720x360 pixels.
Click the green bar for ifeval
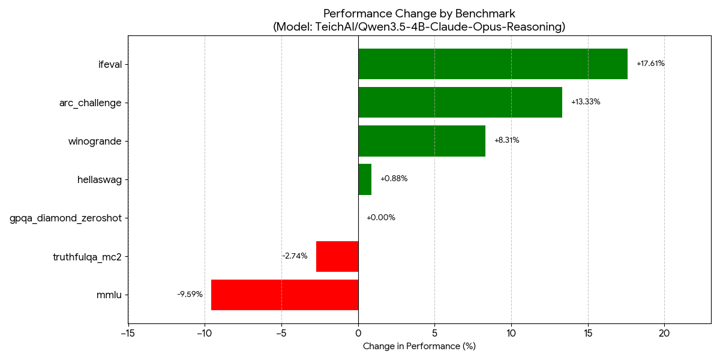point(493,64)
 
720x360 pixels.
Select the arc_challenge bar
point(460,102)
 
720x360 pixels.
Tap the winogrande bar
point(421,140)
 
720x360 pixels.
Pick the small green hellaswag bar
point(365,179)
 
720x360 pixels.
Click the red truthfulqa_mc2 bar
point(337,256)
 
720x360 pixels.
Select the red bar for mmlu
point(284,295)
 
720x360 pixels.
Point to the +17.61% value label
point(650,64)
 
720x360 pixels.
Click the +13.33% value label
point(586,102)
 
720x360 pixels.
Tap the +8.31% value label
point(506,140)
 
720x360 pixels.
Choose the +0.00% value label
point(380,218)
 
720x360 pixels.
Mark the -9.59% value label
point(190,295)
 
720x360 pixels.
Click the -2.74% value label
point(295,256)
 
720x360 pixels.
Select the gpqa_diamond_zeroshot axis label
point(65,218)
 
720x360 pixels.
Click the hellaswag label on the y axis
point(100,179)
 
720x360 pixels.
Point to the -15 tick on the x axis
point(128,333)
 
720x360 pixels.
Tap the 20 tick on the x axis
point(664,333)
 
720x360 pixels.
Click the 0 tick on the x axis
point(358,333)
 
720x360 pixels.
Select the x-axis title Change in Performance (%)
point(419,346)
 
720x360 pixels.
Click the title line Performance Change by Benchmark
point(419,14)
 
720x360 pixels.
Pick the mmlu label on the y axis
point(109,295)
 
